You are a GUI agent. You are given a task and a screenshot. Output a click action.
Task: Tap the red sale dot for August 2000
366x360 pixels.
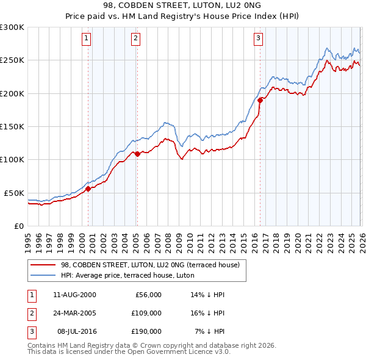pos(88,189)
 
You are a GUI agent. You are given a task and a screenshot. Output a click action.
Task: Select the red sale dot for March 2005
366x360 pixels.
pos(137,154)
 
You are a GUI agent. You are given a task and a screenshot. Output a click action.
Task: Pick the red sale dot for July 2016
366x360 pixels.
pos(260,100)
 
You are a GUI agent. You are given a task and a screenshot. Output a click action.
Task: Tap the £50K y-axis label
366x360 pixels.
pos(14,193)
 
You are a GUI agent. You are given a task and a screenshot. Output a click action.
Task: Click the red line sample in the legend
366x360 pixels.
pos(43,265)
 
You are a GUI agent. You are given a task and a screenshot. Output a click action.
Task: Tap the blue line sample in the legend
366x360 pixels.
pos(43,275)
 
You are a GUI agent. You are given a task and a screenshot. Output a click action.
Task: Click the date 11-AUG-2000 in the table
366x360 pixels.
pos(74,295)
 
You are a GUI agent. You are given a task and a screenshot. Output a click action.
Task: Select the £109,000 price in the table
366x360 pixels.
pos(146,313)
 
